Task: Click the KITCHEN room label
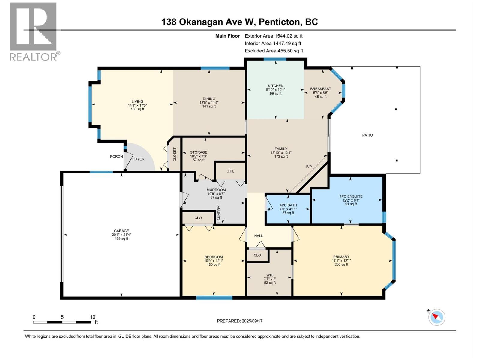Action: [x=275, y=86]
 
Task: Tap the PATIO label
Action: [x=367, y=135]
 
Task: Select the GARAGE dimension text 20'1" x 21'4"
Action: [x=121, y=235]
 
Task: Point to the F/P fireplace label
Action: [x=309, y=166]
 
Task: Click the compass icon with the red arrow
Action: [x=437, y=317]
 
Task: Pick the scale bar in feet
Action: [x=62, y=322]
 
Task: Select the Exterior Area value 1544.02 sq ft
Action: [x=289, y=36]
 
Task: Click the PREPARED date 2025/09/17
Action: [x=252, y=321]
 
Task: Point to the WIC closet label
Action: [x=270, y=275]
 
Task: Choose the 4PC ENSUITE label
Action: [x=351, y=196]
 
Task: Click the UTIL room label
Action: [x=230, y=171]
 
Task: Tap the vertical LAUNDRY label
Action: [x=219, y=214]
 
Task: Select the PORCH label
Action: [x=116, y=157]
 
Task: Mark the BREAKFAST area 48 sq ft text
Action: [x=321, y=96]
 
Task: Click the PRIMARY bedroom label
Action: [x=341, y=257]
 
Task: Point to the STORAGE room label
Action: [x=199, y=152]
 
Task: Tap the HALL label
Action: [x=259, y=236]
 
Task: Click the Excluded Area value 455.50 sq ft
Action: [x=290, y=51]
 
